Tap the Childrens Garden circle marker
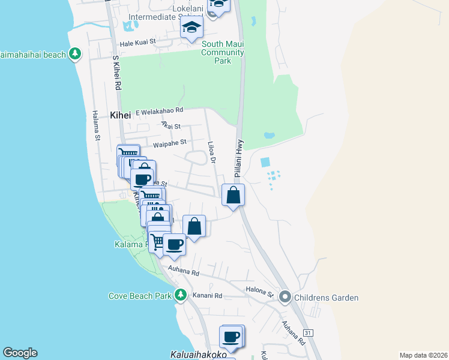[x=285, y=297]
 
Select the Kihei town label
[x=120, y=115]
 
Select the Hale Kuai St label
[x=137, y=43]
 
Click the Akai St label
[x=171, y=125]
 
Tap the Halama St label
[x=97, y=126]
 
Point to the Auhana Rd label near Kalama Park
[x=184, y=272]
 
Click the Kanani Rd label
[x=207, y=295]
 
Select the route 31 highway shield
[x=308, y=332]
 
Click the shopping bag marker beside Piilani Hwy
[x=234, y=195]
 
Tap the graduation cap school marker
[x=192, y=27]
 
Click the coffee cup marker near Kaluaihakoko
[x=231, y=337]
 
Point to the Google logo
[x=20, y=353]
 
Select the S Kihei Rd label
[x=117, y=74]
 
